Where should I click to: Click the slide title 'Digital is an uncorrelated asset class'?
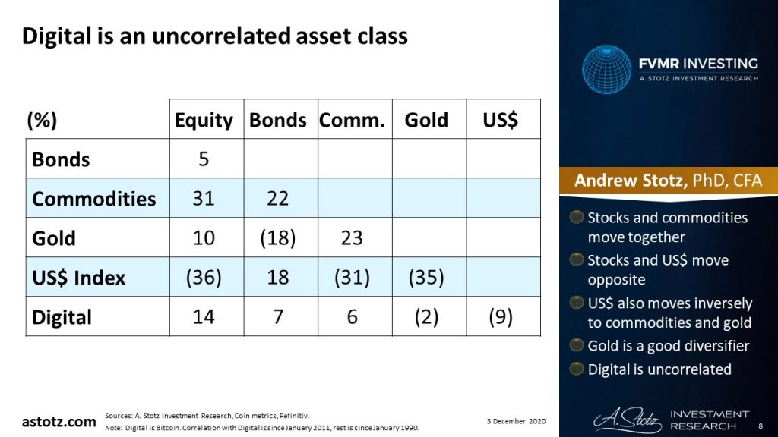coord(214,36)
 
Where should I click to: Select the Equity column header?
coord(204,121)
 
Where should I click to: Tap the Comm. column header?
coord(352,121)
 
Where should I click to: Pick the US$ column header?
coord(501,121)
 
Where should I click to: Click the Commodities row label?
coord(93,199)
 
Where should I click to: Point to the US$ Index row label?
coord(78,278)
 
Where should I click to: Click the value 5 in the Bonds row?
coord(204,159)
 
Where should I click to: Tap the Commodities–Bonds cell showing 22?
coord(278,199)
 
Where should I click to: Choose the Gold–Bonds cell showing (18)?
coord(278,238)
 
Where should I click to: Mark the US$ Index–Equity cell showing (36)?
coord(204,278)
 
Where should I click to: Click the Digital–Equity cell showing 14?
coord(204,317)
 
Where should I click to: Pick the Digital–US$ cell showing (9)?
coord(501,317)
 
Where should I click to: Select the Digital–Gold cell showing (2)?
coord(426,317)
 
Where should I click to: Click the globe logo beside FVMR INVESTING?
coord(607,70)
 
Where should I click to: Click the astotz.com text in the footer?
coord(59,421)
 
